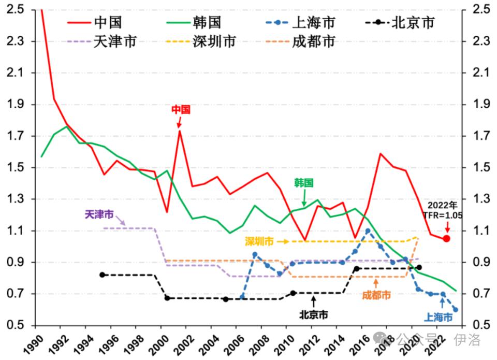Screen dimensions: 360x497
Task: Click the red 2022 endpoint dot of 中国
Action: click(446, 238)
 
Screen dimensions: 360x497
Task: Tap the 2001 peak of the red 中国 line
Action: click(179, 131)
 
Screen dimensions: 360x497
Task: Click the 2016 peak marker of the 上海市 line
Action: click(368, 231)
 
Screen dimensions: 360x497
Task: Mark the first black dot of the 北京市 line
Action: click(103, 275)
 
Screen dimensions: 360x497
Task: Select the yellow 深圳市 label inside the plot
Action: click(259, 241)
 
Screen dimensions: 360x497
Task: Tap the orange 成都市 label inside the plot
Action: click(376, 295)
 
